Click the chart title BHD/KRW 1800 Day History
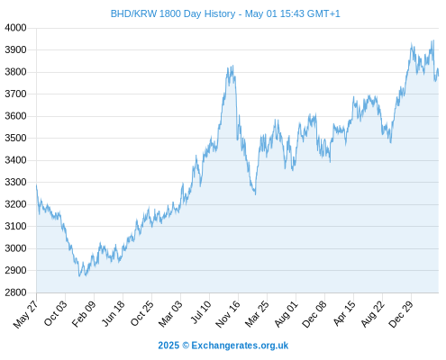point(173,13)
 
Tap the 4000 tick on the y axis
point(15,28)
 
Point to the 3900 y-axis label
point(15,49)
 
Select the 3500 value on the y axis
point(15,138)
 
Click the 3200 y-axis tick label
point(15,204)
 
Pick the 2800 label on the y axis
point(15,292)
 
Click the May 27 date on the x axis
point(26,314)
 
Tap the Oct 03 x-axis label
point(55,313)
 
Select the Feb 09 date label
point(84,314)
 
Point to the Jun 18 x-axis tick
point(114,313)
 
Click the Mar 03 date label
point(170,314)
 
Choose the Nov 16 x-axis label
point(228,314)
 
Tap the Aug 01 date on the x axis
point(286,314)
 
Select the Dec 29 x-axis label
point(401,314)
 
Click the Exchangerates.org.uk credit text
point(240,346)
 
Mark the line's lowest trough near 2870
point(79,276)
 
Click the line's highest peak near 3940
point(433,40)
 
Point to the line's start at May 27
point(37,185)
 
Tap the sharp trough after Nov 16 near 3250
point(255,194)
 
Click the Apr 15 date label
point(344,313)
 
